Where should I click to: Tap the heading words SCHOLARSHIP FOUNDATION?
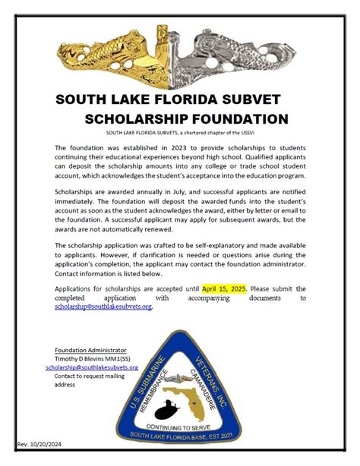(186, 119)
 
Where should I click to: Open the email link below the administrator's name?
(92, 367)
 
